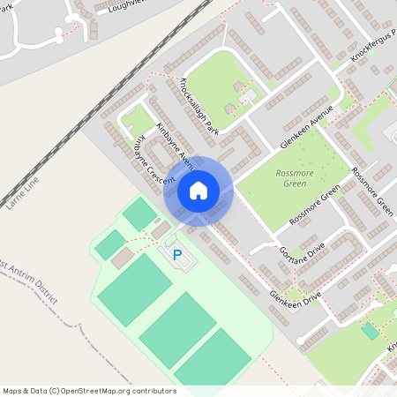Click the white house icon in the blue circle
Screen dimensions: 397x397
(x=198, y=191)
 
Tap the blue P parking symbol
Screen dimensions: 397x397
(x=177, y=256)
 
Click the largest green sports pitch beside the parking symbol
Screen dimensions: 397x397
(x=134, y=288)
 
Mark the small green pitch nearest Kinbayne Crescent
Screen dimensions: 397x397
(x=139, y=213)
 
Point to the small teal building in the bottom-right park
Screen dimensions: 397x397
(x=370, y=330)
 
